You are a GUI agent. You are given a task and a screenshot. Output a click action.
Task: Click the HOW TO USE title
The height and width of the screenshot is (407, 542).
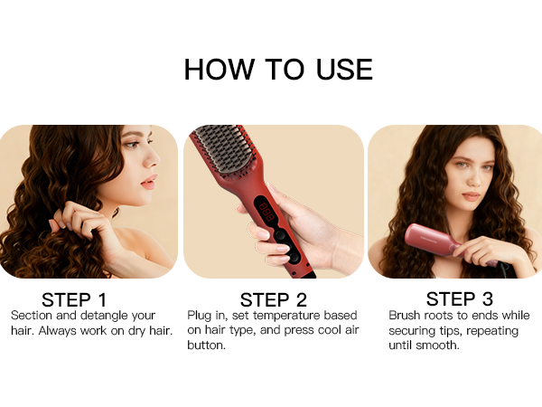278,69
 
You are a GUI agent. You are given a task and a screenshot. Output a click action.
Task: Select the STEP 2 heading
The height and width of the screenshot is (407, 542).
274,299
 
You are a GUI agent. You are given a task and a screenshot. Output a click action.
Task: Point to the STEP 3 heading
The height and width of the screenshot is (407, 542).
458,298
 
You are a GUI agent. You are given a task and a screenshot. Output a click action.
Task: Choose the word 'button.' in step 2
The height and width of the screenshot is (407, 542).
207,345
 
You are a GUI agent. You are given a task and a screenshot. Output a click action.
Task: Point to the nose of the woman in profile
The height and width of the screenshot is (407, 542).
151,169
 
